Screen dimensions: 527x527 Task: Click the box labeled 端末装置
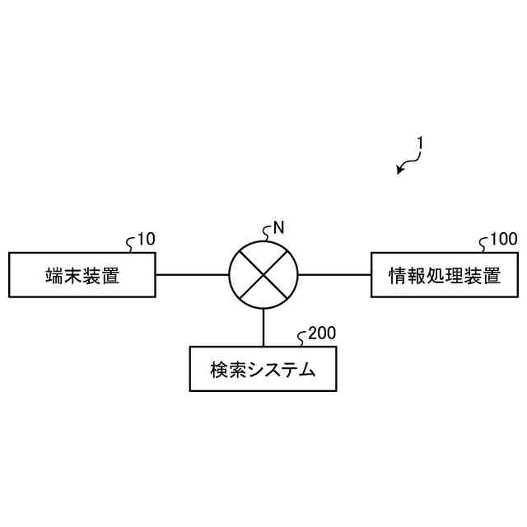(82, 274)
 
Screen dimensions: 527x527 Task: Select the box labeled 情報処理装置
(445, 274)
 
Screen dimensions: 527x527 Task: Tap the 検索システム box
(263, 368)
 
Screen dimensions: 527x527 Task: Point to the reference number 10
(145, 240)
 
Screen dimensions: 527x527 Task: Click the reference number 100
(504, 240)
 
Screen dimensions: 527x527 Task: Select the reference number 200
(321, 333)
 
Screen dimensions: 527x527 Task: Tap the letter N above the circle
(278, 228)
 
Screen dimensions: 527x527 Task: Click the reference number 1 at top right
(419, 142)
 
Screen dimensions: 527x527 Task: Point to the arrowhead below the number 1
(399, 171)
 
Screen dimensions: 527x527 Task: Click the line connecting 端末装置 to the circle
(191, 274)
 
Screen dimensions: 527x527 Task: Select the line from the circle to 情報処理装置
(333, 274)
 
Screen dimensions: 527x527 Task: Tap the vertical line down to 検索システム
(263, 328)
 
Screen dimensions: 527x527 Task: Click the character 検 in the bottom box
(218, 370)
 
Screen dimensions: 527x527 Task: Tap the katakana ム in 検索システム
(306, 370)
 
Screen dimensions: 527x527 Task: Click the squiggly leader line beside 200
(302, 336)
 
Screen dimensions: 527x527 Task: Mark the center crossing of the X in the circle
(263, 274)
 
